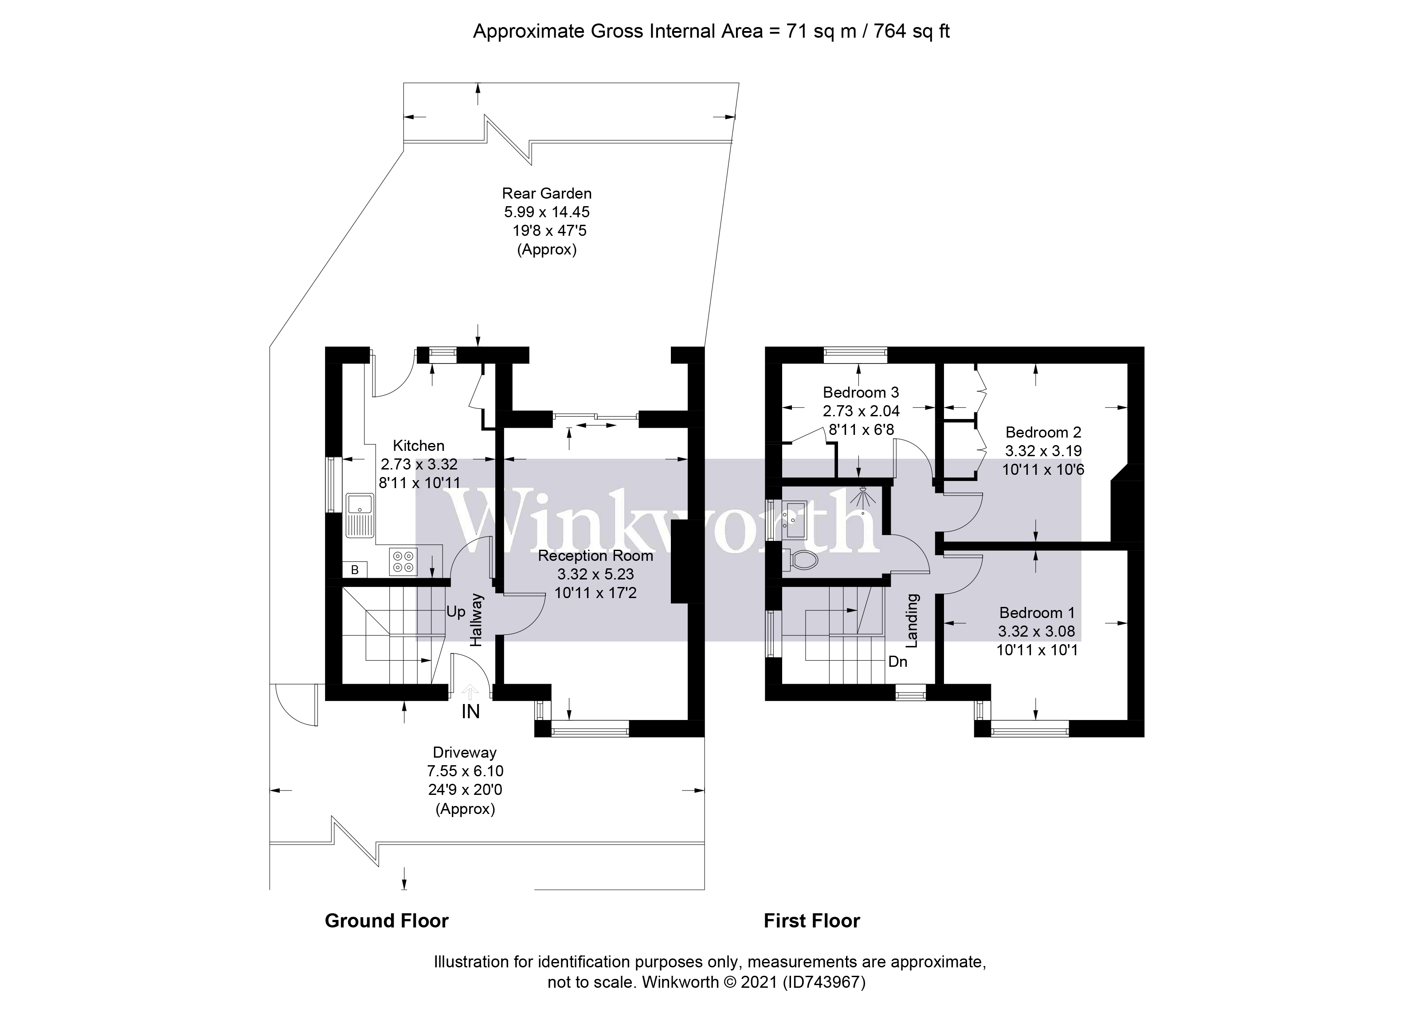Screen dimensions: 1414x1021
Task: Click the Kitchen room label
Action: tap(418, 446)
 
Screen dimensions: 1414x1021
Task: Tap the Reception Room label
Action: tap(595, 555)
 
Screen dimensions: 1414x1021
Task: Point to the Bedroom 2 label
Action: tap(1043, 432)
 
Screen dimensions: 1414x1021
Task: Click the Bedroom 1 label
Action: tap(1037, 613)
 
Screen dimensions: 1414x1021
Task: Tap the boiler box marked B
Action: tap(355, 569)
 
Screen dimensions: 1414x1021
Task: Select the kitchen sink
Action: tap(360, 515)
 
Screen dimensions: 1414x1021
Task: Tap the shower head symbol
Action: tap(863, 498)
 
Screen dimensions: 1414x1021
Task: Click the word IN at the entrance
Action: tap(471, 711)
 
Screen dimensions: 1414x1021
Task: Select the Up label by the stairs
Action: tap(456, 611)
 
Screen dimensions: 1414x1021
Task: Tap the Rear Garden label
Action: tap(547, 193)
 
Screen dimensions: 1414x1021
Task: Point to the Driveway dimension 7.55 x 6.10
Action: tap(465, 771)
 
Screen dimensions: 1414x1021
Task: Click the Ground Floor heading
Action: tap(387, 921)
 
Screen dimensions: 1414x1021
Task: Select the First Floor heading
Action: tap(812, 921)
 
